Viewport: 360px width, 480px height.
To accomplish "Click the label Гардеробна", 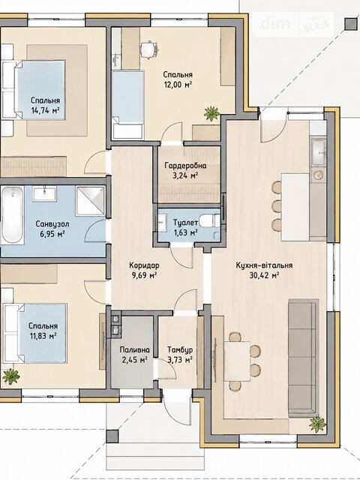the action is [185, 166].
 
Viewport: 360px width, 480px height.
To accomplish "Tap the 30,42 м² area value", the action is [264, 275].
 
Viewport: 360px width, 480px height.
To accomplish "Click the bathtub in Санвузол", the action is [12, 215].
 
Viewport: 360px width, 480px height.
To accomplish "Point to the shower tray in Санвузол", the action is [90, 201].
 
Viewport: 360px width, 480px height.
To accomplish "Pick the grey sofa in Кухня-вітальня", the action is [303, 358].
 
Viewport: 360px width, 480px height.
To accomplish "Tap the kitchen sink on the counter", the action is [318, 152].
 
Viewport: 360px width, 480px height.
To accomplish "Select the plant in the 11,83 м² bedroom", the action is [11, 376].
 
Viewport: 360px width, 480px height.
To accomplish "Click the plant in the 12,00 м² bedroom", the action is [211, 113].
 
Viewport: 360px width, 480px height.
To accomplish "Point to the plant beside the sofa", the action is [317, 424].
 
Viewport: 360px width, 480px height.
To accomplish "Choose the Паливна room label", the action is [135, 350].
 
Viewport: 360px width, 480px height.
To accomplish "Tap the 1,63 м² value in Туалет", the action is [185, 232].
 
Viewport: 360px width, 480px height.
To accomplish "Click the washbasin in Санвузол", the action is [45, 193].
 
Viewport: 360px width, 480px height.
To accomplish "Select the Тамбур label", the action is [180, 350].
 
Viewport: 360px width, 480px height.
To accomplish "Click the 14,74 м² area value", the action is [45, 110].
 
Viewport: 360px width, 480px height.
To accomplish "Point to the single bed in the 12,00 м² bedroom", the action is [127, 105].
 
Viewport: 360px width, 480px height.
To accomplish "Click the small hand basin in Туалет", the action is [162, 223].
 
